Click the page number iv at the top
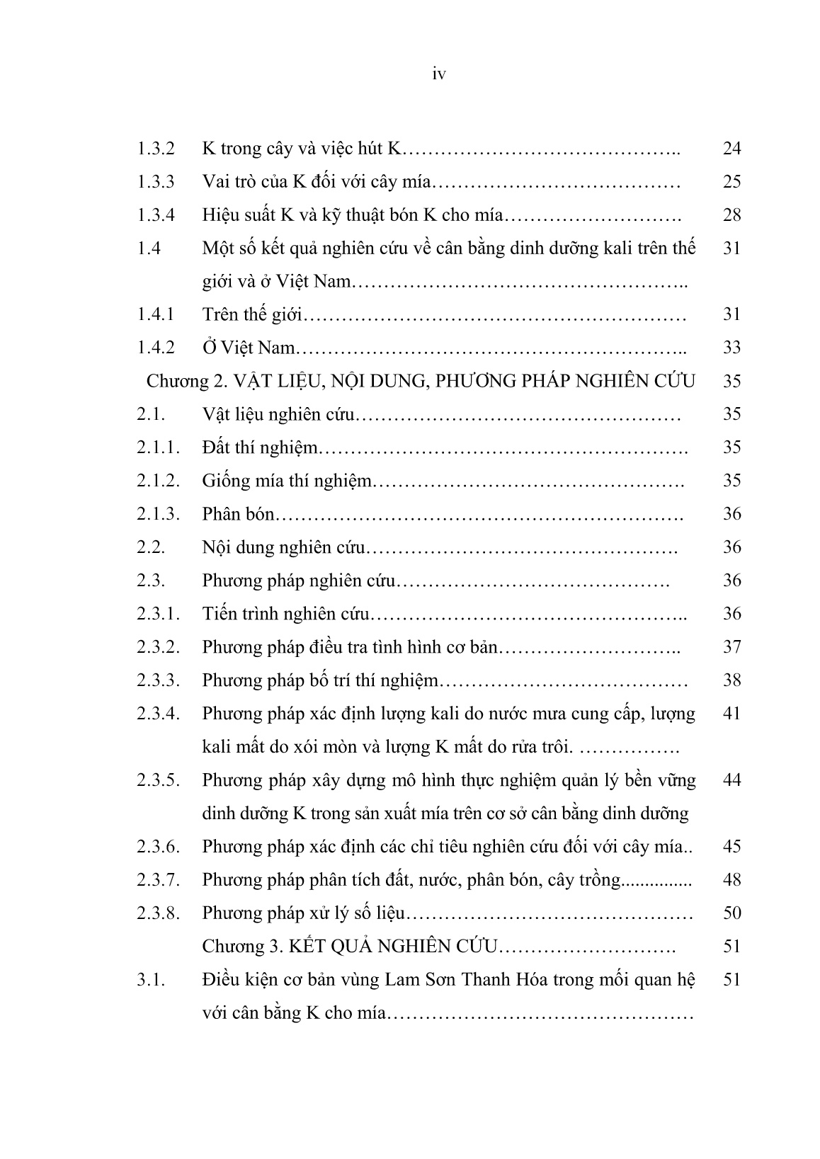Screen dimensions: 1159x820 pyautogui.click(x=438, y=74)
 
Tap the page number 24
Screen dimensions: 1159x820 pyautogui.click(x=731, y=149)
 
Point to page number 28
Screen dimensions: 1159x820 pyautogui.click(x=731, y=215)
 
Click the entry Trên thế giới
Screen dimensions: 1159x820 pyautogui.click(x=251, y=314)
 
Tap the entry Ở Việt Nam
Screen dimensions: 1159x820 pyautogui.click(x=247, y=348)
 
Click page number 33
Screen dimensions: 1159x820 pyautogui.click(x=731, y=348)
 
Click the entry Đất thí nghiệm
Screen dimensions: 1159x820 pyautogui.click(x=260, y=447)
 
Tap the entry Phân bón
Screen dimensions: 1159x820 pyautogui.click(x=237, y=514)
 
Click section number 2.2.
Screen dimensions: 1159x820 pyautogui.click(x=151, y=547)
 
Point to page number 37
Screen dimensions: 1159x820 pyautogui.click(x=731, y=647)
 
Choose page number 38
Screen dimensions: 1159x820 pyautogui.click(x=731, y=680)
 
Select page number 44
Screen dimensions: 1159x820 pyautogui.click(x=731, y=780)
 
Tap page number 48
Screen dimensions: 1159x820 pyautogui.click(x=731, y=880)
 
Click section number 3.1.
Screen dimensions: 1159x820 pyautogui.click(x=151, y=980)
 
